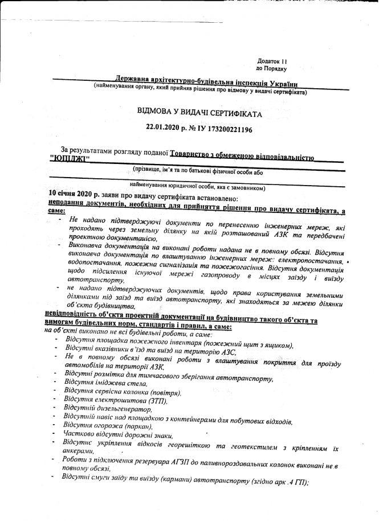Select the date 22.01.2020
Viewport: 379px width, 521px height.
(x=163, y=129)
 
